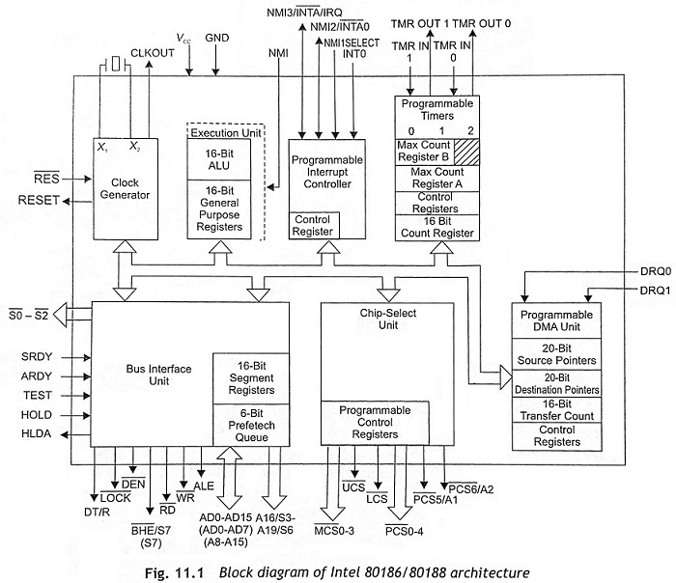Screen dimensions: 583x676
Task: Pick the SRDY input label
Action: (38, 356)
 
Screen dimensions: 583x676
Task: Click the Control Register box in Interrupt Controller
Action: (314, 226)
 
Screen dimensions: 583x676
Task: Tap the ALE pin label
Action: (203, 486)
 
